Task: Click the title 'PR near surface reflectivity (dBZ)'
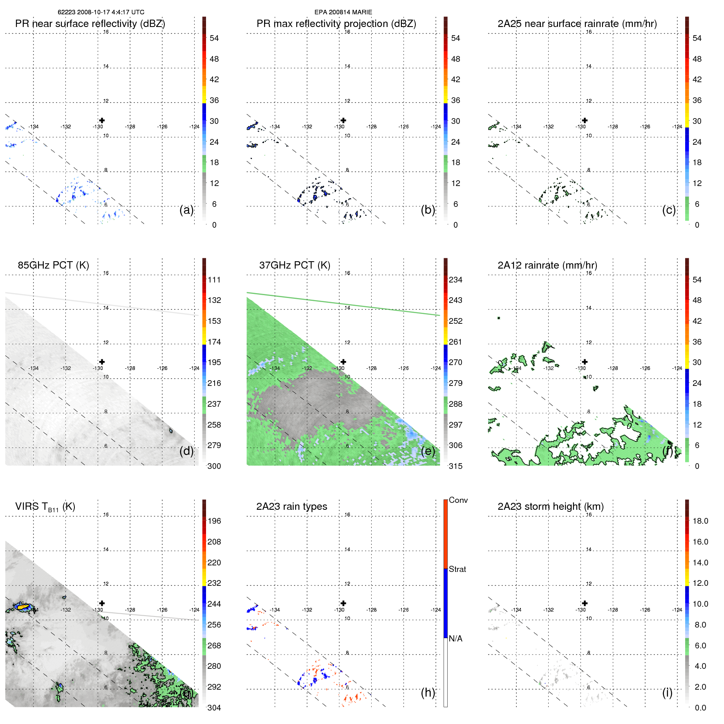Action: tap(90, 24)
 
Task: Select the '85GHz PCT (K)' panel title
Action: tap(53, 265)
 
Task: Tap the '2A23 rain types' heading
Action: tap(291, 507)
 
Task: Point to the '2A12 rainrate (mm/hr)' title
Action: tap(547, 265)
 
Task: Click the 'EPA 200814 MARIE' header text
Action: tap(343, 12)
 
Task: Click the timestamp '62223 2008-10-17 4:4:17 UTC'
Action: tap(101, 12)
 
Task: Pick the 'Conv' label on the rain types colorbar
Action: tap(458, 500)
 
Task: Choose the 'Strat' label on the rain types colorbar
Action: tap(457, 569)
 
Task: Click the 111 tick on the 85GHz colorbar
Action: tap(214, 280)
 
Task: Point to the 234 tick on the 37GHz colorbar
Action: tap(455, 280)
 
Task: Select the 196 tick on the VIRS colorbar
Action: tap(214, 521)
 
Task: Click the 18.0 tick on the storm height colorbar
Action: tap(700, 521)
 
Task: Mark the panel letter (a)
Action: tap(186, 210)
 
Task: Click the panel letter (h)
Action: tap(428, 693)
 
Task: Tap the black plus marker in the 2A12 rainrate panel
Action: tap(585, 362)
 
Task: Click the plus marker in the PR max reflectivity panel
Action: tap(343, 120)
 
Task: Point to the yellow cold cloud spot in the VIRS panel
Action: tap(23, 607)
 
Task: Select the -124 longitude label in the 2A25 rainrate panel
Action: tap(677, 127)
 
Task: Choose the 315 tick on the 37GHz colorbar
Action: tap(455, 466)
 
